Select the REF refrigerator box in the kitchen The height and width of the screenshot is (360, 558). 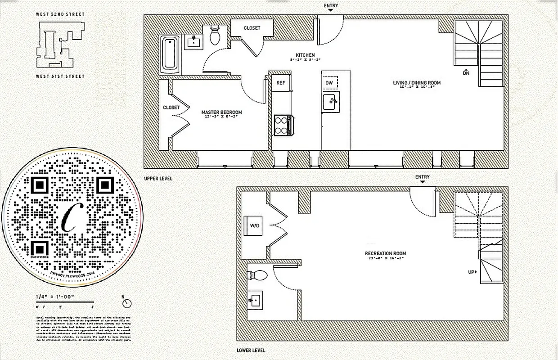(281, 83)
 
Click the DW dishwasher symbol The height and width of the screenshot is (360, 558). (329, 83)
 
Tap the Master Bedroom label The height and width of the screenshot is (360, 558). (221, 112)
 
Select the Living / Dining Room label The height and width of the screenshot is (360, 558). (417, 83)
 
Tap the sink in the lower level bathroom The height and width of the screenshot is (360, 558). (256, 300)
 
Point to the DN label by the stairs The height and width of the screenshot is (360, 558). (466, 72)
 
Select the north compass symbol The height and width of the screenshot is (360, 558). (127, 302)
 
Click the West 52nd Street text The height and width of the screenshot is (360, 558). (60, 14)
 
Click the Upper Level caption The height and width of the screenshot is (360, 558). (158, 179)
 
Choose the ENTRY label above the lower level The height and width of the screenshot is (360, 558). (422, 177)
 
